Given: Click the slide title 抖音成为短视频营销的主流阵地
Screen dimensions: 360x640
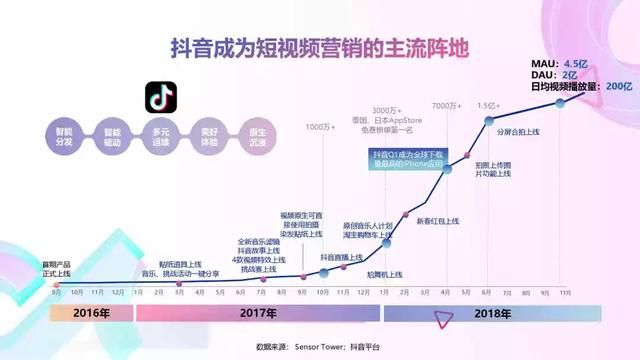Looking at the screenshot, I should point(321,47).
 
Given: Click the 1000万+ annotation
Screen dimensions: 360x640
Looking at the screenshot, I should point(320,127).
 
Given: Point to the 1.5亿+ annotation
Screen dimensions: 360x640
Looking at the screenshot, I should point(488,106).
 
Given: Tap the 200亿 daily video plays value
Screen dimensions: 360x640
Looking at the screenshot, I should point(621,86).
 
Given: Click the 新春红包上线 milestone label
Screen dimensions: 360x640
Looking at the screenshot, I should point(437,220).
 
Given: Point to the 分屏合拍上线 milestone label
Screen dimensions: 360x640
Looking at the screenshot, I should point(518,132).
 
